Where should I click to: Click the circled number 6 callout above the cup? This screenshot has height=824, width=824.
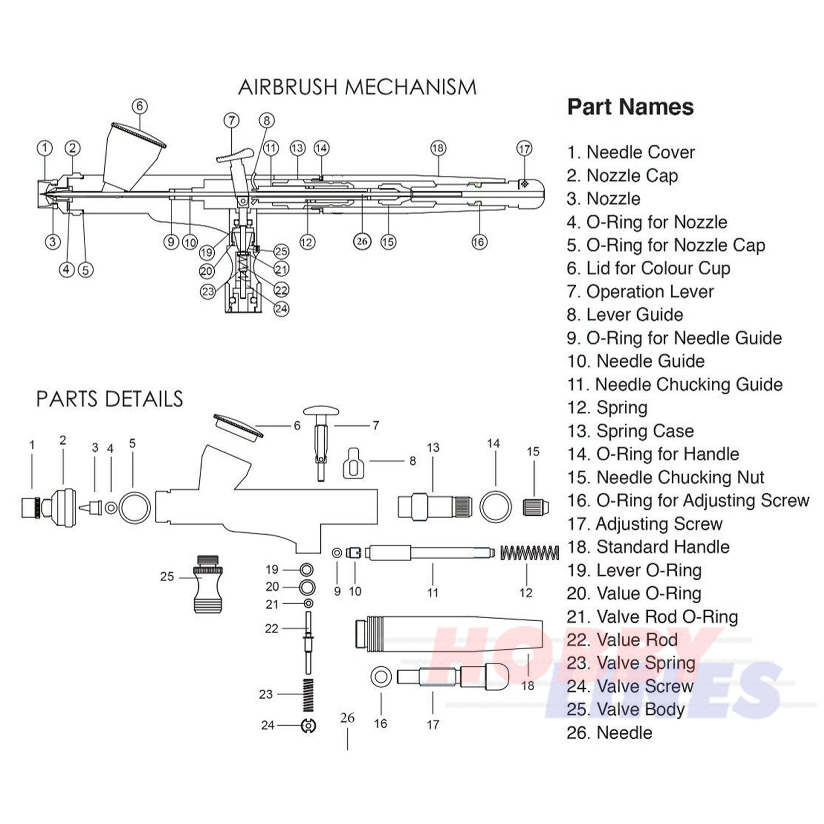point(140,105)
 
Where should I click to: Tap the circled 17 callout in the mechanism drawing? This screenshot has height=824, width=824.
point(525,148)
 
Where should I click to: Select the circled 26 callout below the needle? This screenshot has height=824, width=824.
point(361,242)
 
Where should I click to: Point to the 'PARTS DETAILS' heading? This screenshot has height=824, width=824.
point(109,399)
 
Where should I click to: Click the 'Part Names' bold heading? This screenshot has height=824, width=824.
point(630,107)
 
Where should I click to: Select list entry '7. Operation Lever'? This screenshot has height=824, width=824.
point(640,292)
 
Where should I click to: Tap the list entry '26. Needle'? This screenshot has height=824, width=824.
point(609,733)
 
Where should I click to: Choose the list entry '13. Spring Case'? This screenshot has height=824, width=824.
point(630,431)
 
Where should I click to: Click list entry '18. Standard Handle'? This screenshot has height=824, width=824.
point(648,547)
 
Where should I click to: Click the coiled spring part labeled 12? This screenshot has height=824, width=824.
point(529,553)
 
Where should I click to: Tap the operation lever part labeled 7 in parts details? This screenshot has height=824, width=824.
point(321,434)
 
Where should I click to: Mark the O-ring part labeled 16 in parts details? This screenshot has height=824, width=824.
point(381,677)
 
